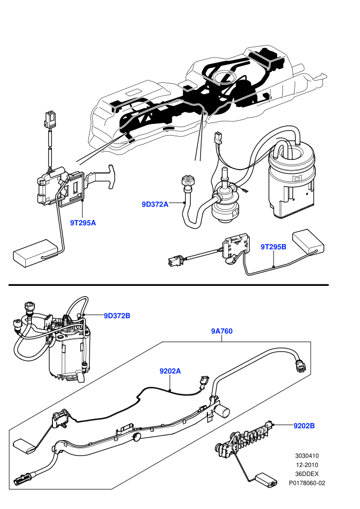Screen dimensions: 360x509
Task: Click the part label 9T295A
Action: tap(83, 223)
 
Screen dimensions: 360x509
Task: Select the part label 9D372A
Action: tap(155, 204)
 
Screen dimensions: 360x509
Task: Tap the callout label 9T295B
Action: tap(273, 247)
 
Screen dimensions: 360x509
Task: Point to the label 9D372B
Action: tap(117, 316)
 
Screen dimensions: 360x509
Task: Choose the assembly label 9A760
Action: tap(222, 331)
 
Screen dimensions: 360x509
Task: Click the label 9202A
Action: tap(170, 371)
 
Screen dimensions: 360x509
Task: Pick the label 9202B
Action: tap(304, 426)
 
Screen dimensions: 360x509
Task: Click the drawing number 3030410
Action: tap(307, 456)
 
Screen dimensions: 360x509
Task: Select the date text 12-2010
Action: tap(307, 465)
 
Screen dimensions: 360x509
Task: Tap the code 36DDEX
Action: tap(307, 474)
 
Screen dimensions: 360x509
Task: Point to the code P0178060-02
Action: tap(307, 483)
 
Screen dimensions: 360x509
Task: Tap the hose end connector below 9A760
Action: tap(300, 365)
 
